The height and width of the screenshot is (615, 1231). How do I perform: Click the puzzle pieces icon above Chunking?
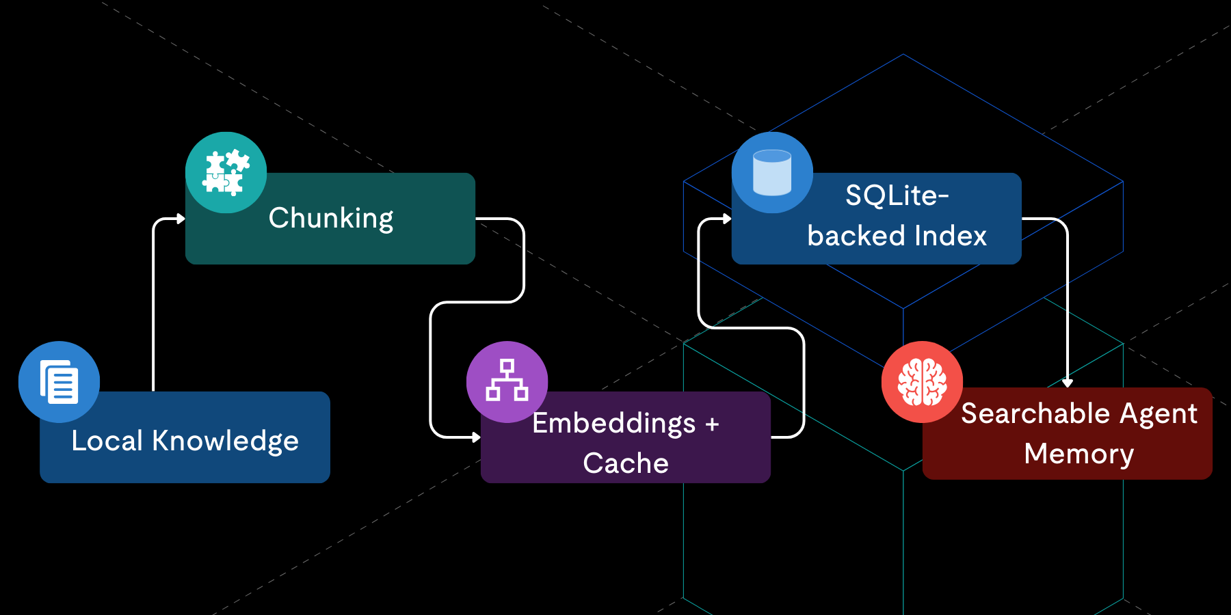pos(226,172)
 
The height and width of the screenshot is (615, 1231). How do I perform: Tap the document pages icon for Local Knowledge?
pos(59,382)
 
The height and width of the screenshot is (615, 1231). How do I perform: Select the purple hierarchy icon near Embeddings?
pos(507,381)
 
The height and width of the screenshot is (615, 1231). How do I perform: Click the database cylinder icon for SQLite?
pos(772,172)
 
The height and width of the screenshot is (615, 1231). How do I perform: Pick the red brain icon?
pos(922,382)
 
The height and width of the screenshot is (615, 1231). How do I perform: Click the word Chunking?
pos(331,219)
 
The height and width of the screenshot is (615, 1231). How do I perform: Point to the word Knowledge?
pos(225,441)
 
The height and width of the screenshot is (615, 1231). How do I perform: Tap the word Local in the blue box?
pos(107,441)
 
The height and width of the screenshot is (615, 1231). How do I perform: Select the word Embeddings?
pos(613,424)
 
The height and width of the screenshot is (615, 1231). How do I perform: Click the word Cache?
pos(626,463)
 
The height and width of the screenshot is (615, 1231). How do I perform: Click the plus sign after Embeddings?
pos(712,424)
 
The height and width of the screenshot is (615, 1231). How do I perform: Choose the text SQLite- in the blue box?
pos(897,196)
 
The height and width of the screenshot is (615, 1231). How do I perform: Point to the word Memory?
pos(1078,454)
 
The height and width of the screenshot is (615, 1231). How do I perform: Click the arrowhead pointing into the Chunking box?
pos(181,219)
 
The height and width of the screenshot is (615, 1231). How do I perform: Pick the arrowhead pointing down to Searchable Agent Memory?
pos(1067,383)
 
